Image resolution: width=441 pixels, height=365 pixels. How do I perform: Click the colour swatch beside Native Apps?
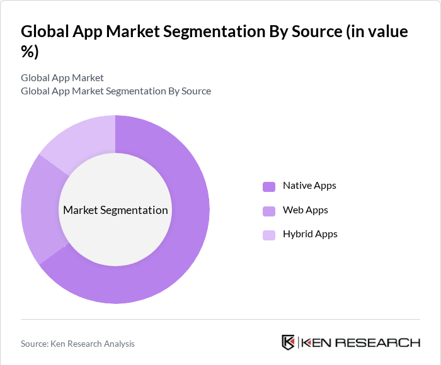point(269,186)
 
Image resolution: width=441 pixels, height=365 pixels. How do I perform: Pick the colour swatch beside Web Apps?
point(269,211)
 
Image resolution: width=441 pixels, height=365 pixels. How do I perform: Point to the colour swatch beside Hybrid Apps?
point(269,235)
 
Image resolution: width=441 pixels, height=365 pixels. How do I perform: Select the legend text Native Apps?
point(309,186)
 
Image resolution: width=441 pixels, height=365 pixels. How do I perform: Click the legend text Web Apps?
point(305,210)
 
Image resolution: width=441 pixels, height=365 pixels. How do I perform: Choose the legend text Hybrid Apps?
point(310,234)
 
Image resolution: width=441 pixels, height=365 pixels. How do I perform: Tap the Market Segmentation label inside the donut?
point(115,210)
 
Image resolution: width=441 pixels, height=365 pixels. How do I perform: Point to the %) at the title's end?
point(30,52)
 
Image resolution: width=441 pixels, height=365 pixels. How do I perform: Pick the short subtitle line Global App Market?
point(62,78)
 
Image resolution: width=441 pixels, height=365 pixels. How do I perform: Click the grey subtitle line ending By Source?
point(116,91)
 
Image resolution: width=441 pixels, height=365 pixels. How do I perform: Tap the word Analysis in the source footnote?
point(117,344)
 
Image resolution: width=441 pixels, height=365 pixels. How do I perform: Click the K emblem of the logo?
point(288,342)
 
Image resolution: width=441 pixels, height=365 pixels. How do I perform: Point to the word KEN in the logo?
point(317,342)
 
